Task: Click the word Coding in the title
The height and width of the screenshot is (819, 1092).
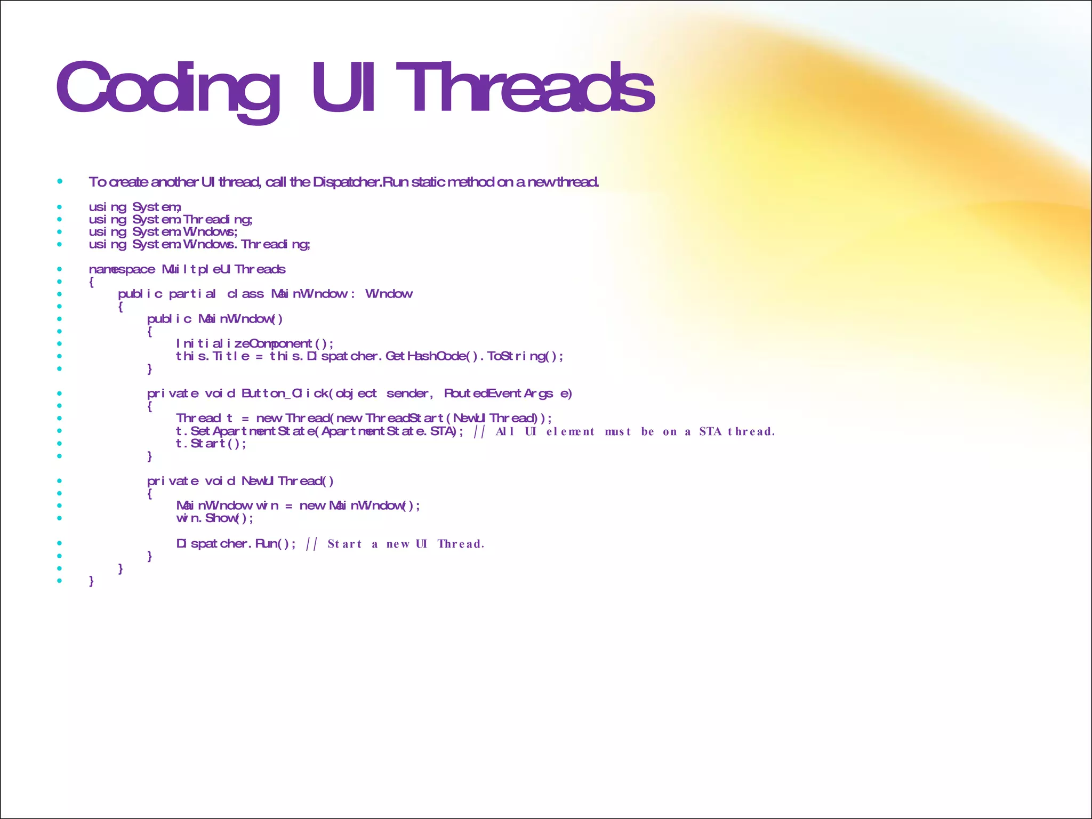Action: [168, 88]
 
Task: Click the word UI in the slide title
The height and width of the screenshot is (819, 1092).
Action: [344, 88]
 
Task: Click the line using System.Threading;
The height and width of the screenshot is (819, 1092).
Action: [171, 220]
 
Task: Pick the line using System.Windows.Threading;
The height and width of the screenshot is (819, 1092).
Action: [199, 245]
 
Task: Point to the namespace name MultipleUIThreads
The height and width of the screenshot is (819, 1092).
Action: [224, 270]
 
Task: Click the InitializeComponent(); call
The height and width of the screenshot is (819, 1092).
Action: [255, 344]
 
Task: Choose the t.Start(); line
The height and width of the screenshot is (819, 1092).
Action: [211, 444]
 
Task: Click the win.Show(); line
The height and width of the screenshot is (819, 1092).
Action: [215, 518]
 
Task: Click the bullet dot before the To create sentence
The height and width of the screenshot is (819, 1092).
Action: [60, 182]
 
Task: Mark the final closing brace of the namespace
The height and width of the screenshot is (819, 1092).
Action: [92, 581]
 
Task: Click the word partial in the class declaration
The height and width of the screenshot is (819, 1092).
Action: [192, 294]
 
